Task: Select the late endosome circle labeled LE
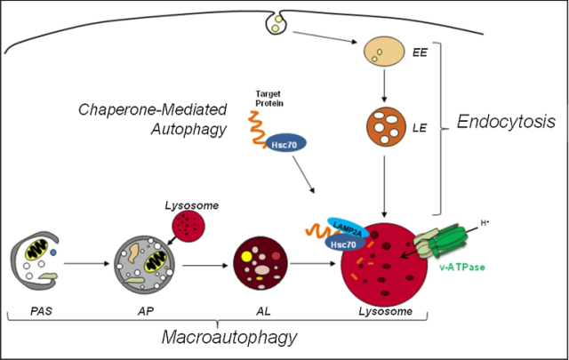383,127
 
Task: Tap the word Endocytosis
506,123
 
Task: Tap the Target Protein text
269,97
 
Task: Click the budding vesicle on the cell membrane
281,24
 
